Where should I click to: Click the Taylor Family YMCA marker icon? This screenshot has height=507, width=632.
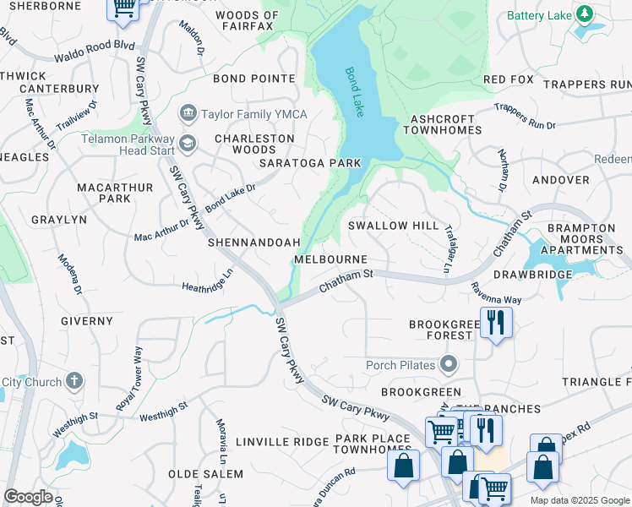188,113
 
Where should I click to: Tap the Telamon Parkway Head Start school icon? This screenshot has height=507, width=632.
187,144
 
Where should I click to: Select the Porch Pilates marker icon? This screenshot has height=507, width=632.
448,365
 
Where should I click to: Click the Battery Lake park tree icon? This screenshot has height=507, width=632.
584,15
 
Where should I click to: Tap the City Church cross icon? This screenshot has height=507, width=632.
74,382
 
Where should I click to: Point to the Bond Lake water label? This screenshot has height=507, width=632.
354,92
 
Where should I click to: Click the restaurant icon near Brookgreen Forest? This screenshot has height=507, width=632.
496,322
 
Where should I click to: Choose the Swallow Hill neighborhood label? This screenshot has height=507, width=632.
393,226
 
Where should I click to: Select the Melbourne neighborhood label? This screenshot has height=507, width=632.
330,259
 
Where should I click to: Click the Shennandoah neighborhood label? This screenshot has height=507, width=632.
254,243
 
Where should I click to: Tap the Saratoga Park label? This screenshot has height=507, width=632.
310,162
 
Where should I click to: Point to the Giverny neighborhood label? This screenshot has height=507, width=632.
87,321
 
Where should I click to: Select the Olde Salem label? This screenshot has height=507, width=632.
205,474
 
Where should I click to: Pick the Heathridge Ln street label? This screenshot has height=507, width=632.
207,281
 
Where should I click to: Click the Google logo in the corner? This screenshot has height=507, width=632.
28,497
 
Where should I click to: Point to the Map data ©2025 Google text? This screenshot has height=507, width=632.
580,500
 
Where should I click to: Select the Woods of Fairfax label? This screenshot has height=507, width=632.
244,21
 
